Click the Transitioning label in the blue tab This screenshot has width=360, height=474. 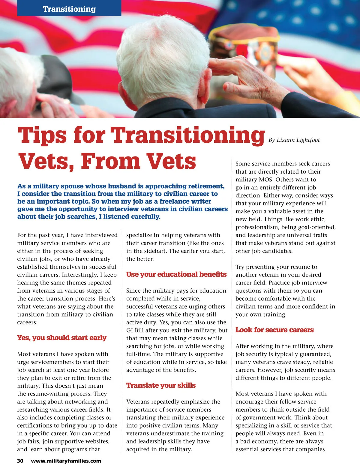[69, 9]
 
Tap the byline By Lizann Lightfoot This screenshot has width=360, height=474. [294, 140]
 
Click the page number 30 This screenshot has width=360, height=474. [20, 461]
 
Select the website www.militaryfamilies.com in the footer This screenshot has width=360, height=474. [66, 461]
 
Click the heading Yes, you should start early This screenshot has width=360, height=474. [62, 338]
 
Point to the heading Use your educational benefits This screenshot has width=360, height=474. [176, 275]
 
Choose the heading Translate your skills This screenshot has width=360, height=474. [161, 386]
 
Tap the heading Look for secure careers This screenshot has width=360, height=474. [274, 330]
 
